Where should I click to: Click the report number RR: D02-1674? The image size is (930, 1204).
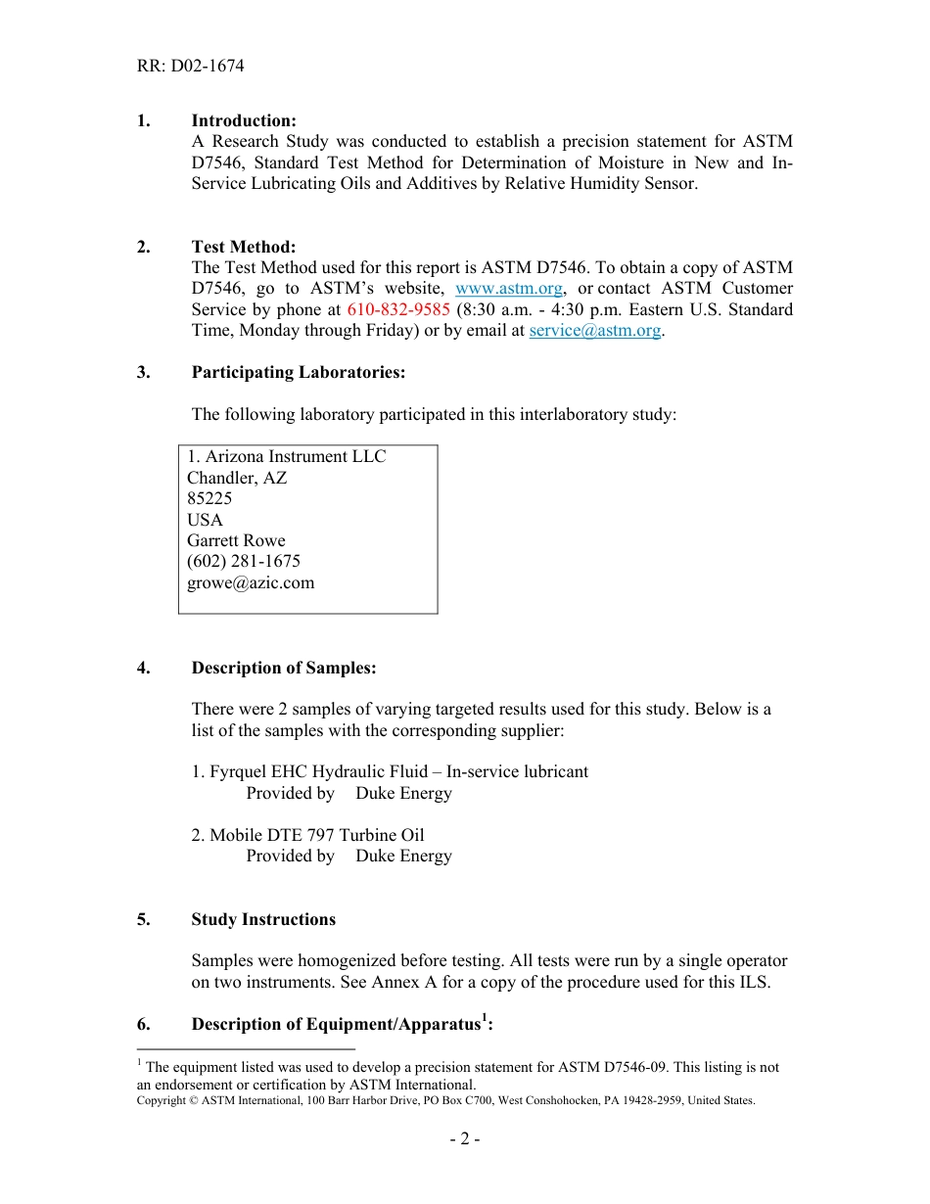[x=190, y=67]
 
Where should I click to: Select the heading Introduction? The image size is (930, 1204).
[x=244, y=120]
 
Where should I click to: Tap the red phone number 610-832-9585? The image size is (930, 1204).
[x=398, y=309]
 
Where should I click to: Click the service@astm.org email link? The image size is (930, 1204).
[x=594, y=330]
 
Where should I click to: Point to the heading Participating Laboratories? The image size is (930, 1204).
[x=298, y=372]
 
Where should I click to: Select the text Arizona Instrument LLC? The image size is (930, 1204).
[x=296, y=456]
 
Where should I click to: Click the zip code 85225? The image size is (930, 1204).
[x=209, y=498]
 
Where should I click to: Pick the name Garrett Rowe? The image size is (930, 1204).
[x=236, y=540]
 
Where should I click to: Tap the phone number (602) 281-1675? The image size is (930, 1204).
[x=244, y=561]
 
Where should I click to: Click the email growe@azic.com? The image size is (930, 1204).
[x=251, y=582]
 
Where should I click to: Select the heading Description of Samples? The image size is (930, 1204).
[x=284, y=668]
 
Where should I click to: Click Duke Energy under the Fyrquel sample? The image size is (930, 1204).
[x=403, y=793]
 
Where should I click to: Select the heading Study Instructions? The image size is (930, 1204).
[x=263, y=919]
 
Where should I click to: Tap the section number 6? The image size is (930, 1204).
[x=143, y=1024]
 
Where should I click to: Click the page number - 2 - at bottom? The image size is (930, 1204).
[x=464, y=1138]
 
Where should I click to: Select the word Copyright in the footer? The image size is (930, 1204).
[x=162, y=1100]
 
